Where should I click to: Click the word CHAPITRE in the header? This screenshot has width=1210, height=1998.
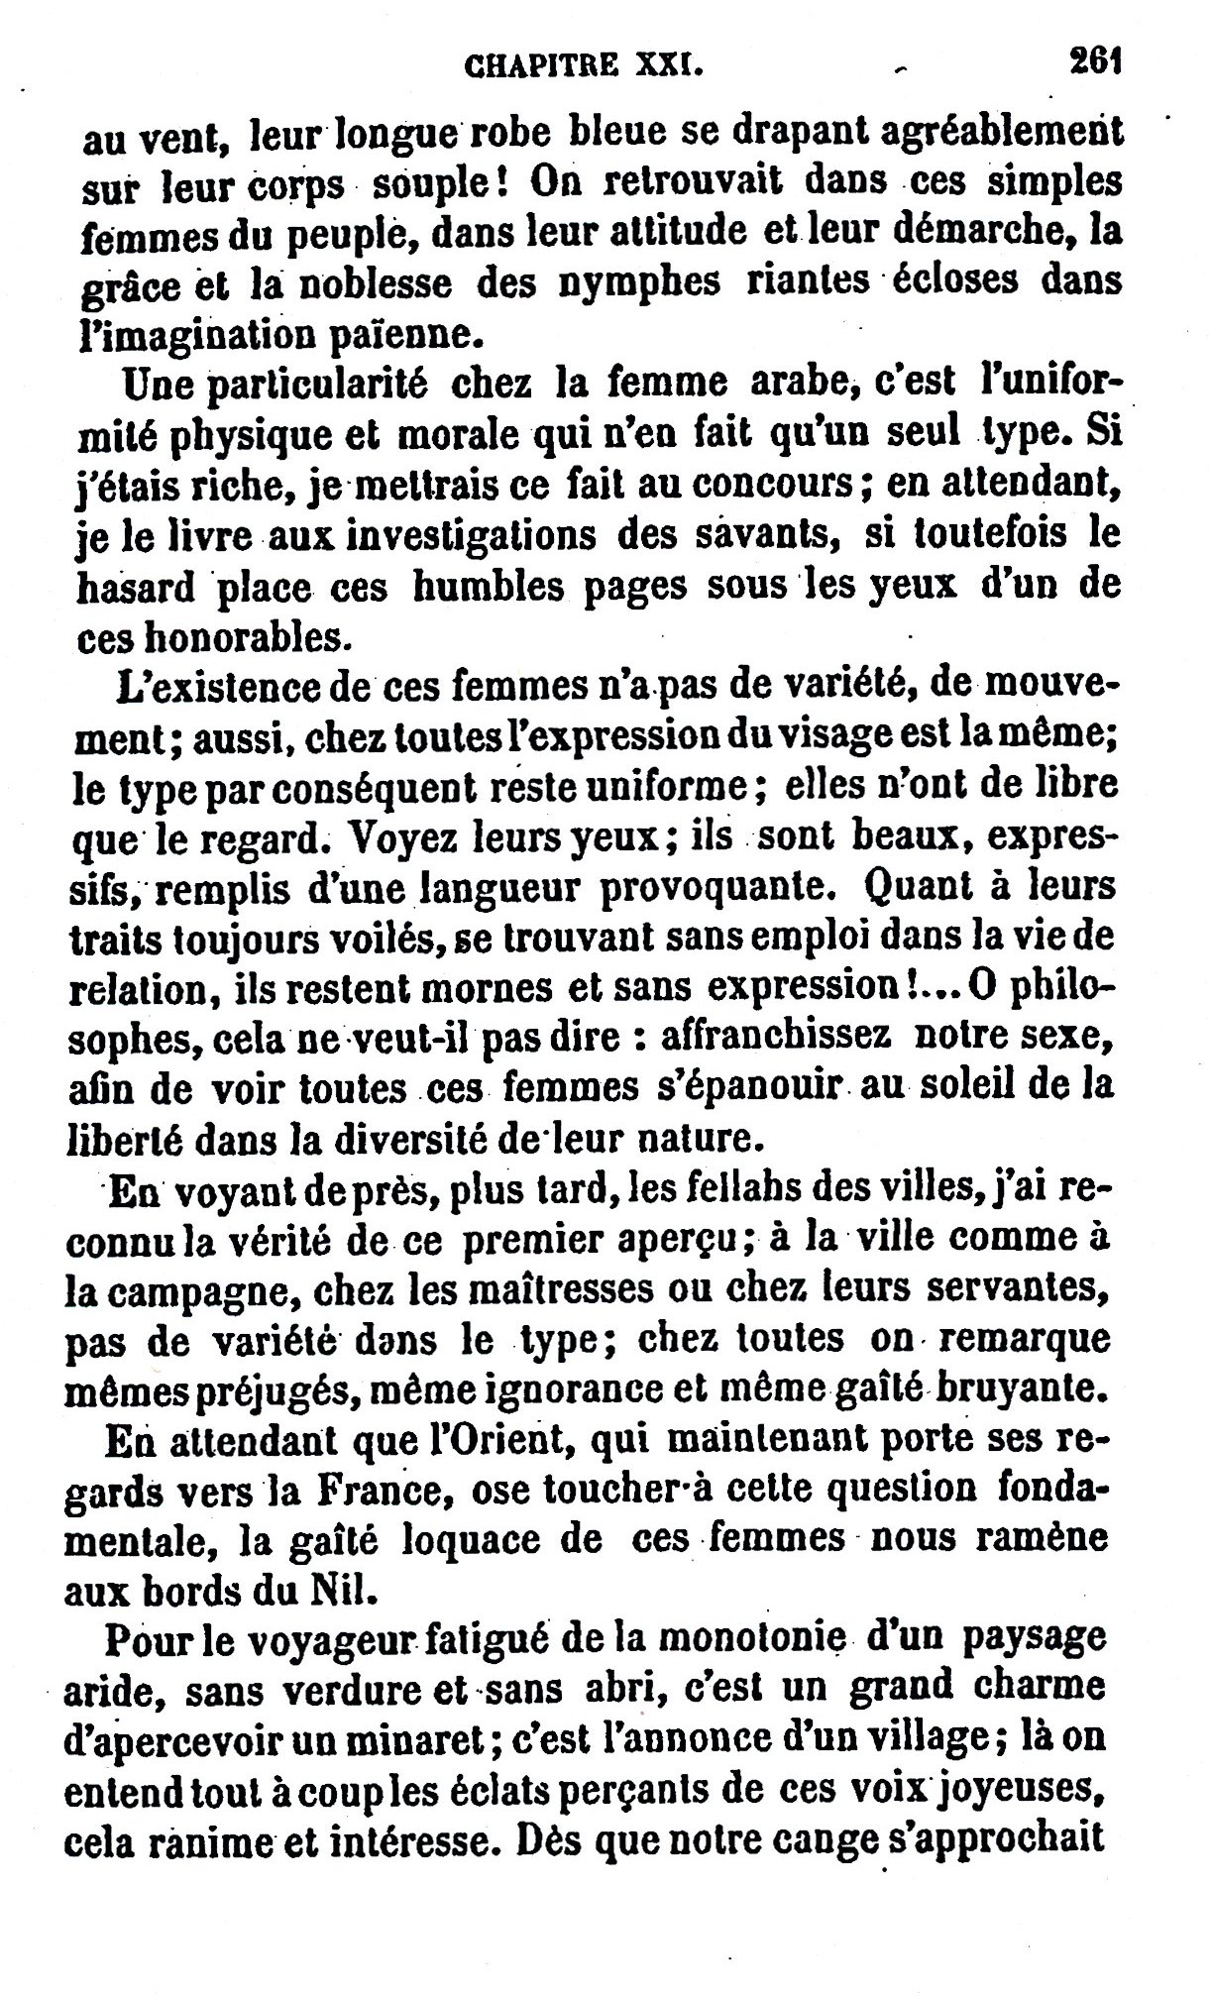tap(542, 66)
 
